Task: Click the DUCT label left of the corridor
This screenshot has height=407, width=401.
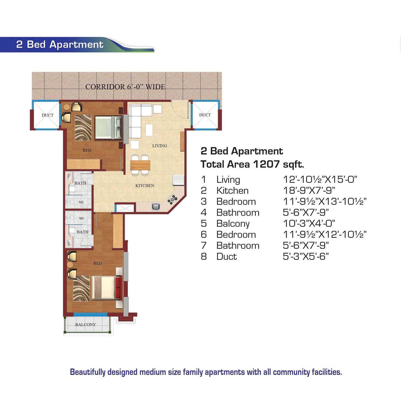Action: coord(48,115)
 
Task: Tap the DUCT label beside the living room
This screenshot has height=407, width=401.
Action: coord(205,115)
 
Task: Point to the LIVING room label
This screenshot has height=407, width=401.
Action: coord(160,146)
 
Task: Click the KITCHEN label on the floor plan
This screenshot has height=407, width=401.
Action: coord(145,186)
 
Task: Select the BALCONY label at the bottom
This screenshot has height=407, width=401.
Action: coord(85,325)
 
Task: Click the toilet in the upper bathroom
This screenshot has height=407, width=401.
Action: coord(72,189)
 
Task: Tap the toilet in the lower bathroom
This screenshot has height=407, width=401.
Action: coord(73,231)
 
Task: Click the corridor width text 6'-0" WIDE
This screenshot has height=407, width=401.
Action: coord(146,87)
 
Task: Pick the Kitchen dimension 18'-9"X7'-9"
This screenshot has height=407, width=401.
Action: coord(309,191)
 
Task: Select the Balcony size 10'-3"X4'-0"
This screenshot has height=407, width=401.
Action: coord(309,224)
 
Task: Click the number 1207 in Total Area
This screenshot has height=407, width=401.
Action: coord(266,164)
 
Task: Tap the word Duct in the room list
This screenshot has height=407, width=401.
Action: coord(227,256)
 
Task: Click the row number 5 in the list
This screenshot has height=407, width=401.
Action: coord(204,224)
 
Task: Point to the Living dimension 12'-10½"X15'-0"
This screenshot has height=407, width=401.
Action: coord(320,180)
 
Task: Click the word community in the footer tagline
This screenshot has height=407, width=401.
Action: coord(292,372)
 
